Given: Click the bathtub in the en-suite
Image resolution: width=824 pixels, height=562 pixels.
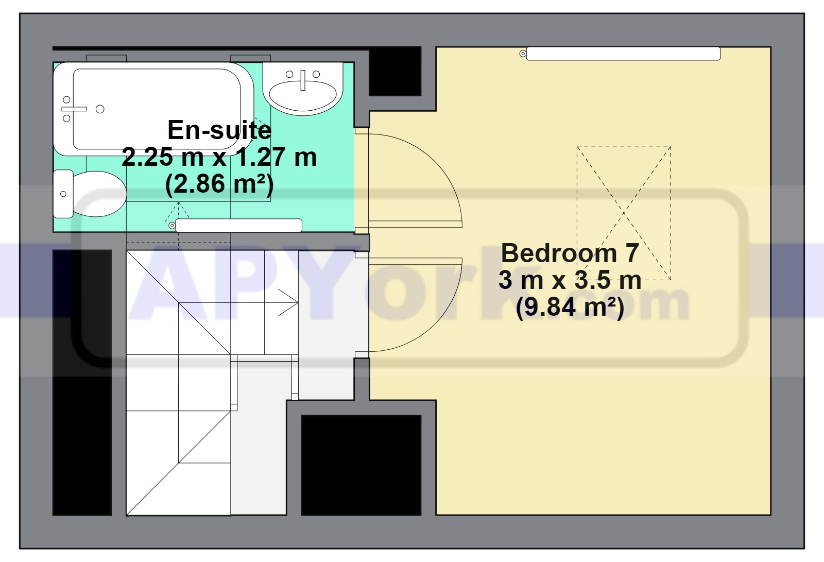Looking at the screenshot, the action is [153, 109].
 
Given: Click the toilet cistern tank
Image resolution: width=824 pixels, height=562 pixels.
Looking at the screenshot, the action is [63, 194].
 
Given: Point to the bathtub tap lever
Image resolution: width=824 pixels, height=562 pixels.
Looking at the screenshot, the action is [74, 109].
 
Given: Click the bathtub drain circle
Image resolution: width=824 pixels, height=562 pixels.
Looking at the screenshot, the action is [100, 109].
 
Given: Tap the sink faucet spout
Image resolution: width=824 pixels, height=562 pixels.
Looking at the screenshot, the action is [303, 80].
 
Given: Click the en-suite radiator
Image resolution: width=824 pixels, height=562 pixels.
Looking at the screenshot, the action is [239, 225].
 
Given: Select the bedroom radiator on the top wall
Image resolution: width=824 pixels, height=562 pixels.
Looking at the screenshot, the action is [623, 54].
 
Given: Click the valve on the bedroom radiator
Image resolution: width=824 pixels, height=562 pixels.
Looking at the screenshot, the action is [523, 54].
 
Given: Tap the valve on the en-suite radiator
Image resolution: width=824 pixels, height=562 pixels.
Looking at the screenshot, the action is [172, 225].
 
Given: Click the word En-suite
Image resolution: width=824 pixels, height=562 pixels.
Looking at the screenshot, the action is [219, 130].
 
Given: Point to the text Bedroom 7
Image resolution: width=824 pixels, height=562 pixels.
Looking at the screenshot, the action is [570, 253].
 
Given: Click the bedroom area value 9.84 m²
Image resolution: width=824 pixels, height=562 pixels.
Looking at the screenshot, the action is [570, 307].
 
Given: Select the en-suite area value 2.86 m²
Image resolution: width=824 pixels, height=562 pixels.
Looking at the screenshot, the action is [219, 184].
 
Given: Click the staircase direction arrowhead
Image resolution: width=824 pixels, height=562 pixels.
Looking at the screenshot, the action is [288, 302].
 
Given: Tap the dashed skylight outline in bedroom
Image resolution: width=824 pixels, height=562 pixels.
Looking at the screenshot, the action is [624, 146].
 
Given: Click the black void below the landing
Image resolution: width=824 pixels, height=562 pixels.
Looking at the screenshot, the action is [361, 465].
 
